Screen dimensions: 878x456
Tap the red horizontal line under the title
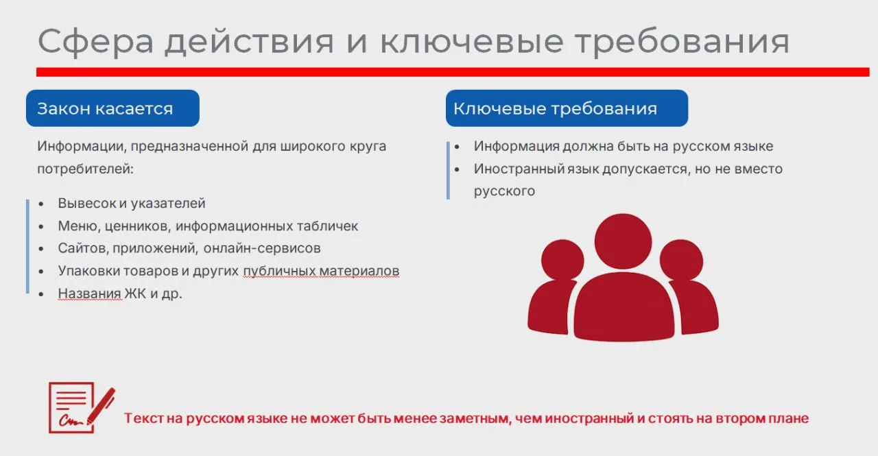click(x=453, y=72)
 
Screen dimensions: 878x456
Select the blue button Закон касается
click(x=113, y=108)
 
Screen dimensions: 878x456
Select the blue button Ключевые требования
click(x=567, y=108)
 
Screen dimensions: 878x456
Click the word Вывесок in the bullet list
click(x=87, y=204)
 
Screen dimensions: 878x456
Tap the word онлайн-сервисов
click(x=262, y=248)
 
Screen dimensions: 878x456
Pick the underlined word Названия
click(x=89, y=293)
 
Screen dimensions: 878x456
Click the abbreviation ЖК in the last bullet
click(x=135, y=293)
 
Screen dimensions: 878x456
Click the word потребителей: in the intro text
click(x=86, y=169)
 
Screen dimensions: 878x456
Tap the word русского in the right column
click(x=504, y=191)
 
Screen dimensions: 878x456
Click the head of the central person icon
click(x=623, y=241)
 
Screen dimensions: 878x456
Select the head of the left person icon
click(x=562, y=260)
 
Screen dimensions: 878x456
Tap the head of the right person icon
click(x=681, y=260)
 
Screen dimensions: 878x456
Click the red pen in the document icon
click(x=101, y=406)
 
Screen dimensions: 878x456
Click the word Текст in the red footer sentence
click(x=144, y=418)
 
